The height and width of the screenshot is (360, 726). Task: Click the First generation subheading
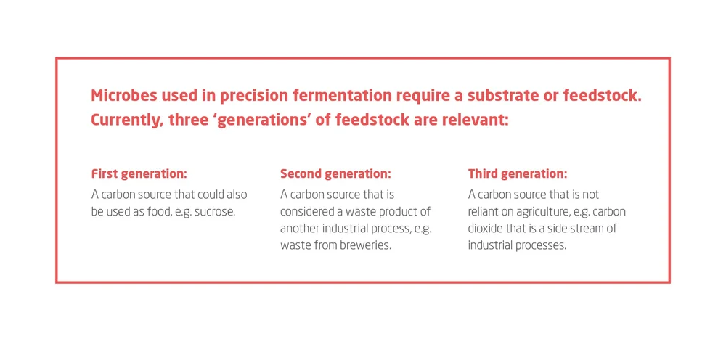139,174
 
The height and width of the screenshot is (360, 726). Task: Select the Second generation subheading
335,174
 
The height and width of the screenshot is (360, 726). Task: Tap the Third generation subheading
518,174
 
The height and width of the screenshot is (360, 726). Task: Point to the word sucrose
214,212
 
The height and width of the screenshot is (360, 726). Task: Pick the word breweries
365,246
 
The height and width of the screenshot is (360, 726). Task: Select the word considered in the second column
308,212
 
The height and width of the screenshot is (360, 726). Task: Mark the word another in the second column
300,229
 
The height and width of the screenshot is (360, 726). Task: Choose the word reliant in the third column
485,212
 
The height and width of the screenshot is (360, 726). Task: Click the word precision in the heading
251,96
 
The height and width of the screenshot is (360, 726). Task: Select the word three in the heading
188,120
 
